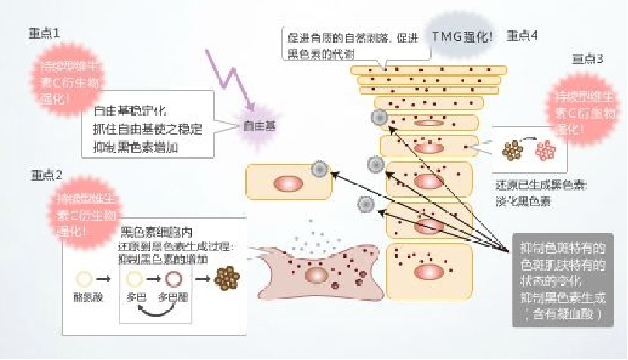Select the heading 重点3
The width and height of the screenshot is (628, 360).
tap(587, 60)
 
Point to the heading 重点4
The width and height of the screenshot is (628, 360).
tap(523, 35)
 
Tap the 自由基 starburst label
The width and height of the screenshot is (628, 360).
tap(259, 124)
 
